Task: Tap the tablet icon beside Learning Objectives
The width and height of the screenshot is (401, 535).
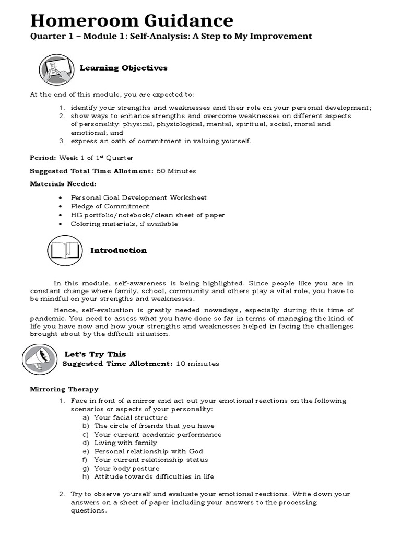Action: coord(55,69)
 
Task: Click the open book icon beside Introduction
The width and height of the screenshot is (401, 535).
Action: coord(65,251)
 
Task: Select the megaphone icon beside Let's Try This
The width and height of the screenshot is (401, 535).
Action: coord(39,359)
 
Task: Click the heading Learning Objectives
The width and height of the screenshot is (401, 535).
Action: coord(123,68)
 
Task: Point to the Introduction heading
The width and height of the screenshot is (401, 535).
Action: coord(119,250)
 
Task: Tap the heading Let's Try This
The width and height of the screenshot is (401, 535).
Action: coord(95,354)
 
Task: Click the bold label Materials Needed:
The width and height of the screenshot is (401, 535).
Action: coord(63,184)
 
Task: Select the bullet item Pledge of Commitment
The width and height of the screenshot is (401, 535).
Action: coord(110,206)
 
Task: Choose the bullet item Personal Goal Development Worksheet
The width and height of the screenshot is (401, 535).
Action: coord(138,198)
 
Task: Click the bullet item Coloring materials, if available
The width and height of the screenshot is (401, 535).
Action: coord(124,224)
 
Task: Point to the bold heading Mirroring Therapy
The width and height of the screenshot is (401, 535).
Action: coord(64,389)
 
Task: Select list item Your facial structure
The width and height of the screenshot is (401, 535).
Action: coord(131,418)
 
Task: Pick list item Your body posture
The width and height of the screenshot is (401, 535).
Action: coord(126,469)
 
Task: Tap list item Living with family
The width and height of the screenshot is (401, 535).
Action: coord(125,443)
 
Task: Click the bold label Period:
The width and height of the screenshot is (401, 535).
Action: coord(42,158)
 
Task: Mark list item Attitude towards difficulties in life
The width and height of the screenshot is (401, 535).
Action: coord(154,476)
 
